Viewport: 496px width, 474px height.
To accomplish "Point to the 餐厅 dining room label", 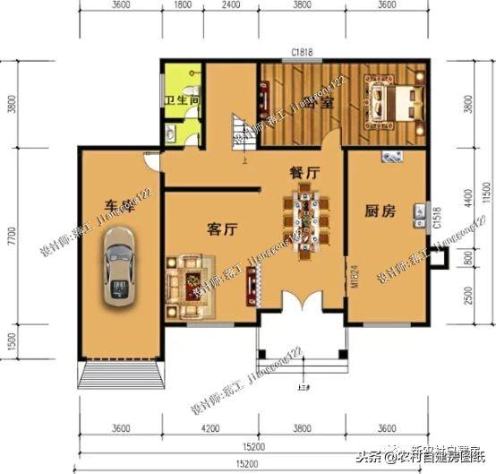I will (x=304, y=170).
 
